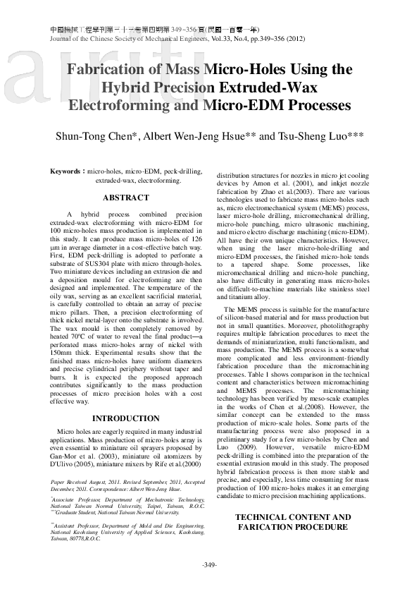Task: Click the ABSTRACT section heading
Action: tap(126, 198)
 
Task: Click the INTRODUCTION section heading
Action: tap(126, 418)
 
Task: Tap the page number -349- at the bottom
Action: tap(209, 564)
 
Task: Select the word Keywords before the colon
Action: tap(66, 171)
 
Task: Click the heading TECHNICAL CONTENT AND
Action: tap(292, 518)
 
